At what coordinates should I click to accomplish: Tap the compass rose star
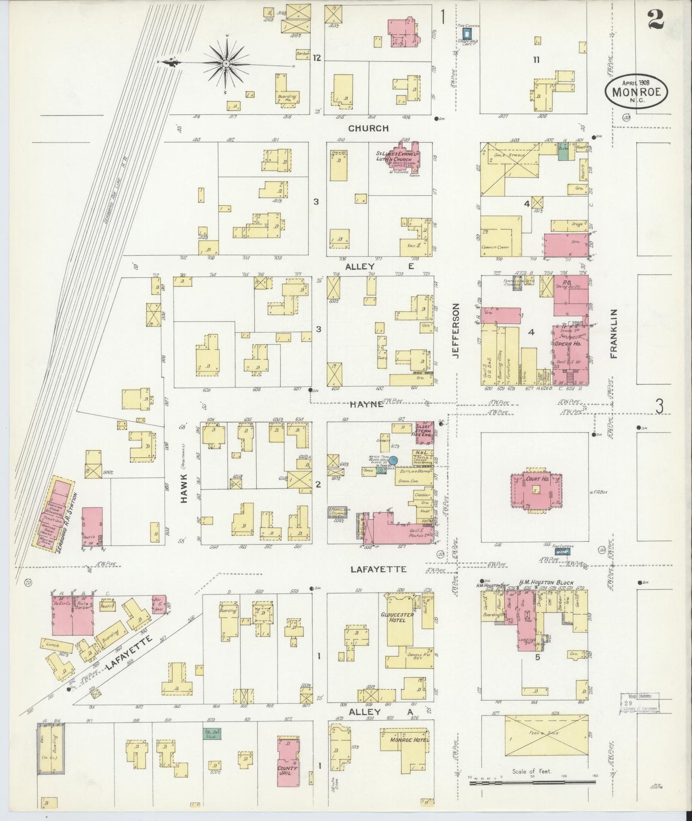(225, 63)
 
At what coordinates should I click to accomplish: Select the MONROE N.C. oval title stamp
(635, 91)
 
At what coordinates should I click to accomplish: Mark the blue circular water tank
(393, 460)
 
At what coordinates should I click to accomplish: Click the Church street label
(368, 128)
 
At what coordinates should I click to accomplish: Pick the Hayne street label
(366, 404)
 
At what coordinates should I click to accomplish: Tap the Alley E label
(380, 267)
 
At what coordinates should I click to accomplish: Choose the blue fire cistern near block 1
(467, 33)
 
